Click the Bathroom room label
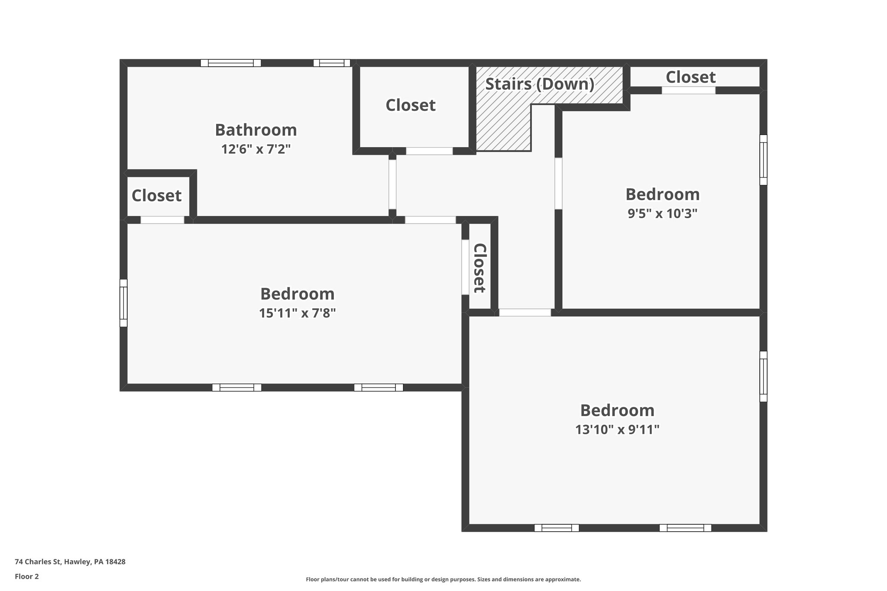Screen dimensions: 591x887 pos(256,130)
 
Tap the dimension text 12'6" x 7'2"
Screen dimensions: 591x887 pos(256,149)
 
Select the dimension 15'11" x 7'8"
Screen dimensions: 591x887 pos(297,313)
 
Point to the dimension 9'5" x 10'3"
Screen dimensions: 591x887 pos(662,213)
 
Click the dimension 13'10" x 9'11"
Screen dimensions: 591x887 pos(617,430)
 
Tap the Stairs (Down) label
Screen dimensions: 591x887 pos(539,84)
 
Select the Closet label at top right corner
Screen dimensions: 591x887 pos(690,77)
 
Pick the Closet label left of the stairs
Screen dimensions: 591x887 pos(410,105)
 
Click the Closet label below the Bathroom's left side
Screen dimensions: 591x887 pos(156,195)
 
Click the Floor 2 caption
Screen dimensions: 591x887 pos(26,576)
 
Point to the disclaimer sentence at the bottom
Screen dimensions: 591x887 pos(443,579)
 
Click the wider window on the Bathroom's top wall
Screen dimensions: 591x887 pos(231,63)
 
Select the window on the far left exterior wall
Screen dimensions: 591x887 pos(123,303)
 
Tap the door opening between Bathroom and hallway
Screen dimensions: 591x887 pos(392,184)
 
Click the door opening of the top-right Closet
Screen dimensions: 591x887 pos(688,90)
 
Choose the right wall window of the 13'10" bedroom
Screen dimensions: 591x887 pos(763,376)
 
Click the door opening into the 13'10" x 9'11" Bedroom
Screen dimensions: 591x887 pos(524,312)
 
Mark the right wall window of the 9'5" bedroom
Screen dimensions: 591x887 pos(763,160)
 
